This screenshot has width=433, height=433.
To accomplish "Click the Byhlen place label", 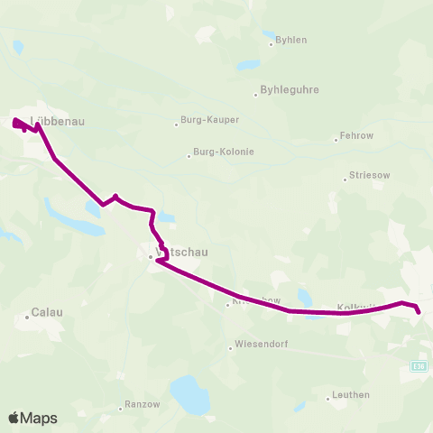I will point(290,40).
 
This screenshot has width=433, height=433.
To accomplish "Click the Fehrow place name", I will point(353,138).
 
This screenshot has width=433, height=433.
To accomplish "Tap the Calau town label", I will point(47,312).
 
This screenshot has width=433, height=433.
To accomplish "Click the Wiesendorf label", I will point(260,344).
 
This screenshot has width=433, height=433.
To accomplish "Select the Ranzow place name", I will point(143,405).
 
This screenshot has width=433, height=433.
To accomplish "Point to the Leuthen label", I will point(351,394).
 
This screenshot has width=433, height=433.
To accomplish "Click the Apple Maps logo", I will point(32,418).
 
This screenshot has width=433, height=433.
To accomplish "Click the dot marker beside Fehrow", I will point(334,139).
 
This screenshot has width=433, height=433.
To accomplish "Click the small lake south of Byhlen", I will point(246,66).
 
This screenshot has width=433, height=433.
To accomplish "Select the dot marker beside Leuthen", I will point(327,397).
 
